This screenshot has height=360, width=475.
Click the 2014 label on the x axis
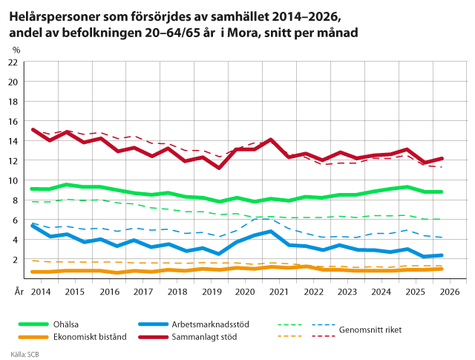[41, 292]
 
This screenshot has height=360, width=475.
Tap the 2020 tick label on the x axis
[245, 292]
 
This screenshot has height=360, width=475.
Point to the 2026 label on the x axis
[450, 292]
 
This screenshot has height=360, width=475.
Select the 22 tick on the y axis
[13, 62]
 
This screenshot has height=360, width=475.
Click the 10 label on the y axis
[13, 180]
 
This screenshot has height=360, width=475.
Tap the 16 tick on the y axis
[13, 122]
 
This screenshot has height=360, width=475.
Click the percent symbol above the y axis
[16, 50]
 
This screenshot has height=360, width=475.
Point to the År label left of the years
[19, 292]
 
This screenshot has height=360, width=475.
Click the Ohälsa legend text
[66, 324]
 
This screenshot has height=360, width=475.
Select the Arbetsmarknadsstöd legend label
[210, 324]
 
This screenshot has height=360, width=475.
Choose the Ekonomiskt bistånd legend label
[90, 337]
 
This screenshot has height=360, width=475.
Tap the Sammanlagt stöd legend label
[204, 337]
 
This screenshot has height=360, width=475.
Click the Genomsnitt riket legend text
[370, 330]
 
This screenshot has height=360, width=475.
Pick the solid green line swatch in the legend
[33, 324]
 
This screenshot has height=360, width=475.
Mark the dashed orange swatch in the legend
[289, 336]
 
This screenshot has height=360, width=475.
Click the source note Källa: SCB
[24, 354]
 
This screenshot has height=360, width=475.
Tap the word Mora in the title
[243, 33]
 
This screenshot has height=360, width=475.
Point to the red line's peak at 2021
[270, 140]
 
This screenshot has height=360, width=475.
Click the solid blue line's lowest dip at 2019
[219, 254]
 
